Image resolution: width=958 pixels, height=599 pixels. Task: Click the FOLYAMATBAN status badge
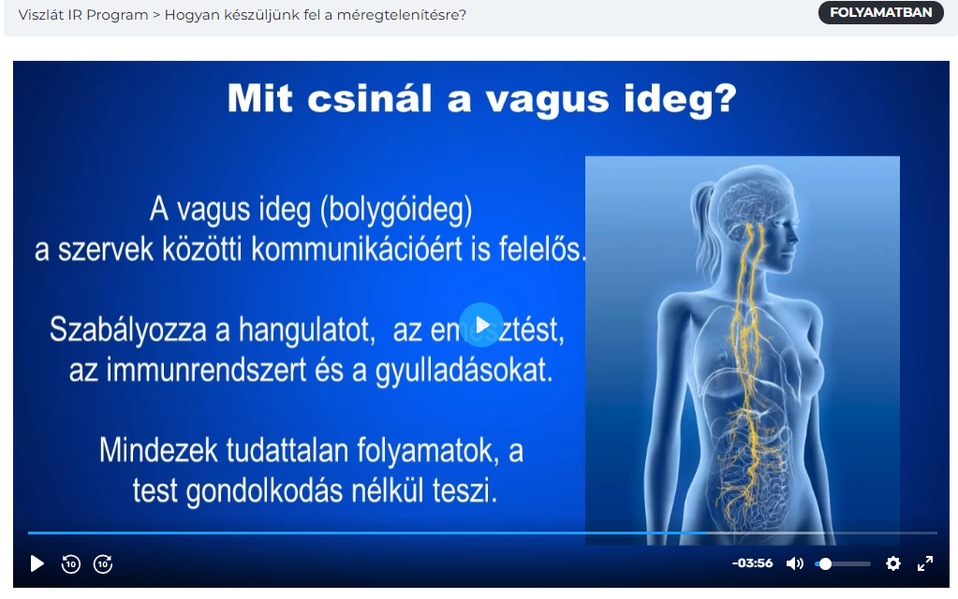coord(880,13)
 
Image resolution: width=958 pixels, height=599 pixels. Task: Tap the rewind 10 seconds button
coord(71,563)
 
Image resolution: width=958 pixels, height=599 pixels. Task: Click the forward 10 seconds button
coord(103,563)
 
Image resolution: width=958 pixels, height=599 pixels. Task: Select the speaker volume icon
coord(794,563)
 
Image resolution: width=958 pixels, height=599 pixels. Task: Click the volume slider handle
coord(825,563)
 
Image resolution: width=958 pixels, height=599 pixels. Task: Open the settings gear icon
coord(893,563)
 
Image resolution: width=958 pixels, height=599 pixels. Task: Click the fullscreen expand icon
coord(925,563)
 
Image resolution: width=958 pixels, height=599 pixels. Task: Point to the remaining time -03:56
coord(752,563)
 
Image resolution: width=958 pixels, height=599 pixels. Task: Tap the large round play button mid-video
coord(481,325)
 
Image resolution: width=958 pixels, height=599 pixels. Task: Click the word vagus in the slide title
coord(548,99)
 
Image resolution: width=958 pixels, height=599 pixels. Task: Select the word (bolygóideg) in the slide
coord(396,210)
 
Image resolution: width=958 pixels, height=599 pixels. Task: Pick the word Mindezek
coord(158,450)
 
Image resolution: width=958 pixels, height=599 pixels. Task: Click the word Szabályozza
coord(127,329)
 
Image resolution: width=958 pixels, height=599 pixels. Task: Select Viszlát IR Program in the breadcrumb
coord(83,15)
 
